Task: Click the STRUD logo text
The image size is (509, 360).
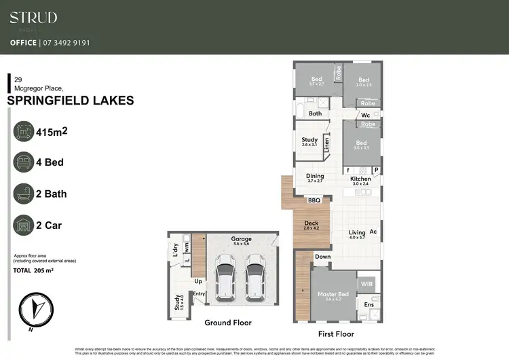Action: [x=33, y=18]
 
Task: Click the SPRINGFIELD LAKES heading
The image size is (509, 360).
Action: [x=70, y=101]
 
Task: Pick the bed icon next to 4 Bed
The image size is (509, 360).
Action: [x=25, y=163]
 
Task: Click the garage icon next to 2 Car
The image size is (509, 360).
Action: [x=25, y=225]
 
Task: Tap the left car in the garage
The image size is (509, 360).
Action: [x=224, y=276]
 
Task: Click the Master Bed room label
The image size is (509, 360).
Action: [x=333, y=294]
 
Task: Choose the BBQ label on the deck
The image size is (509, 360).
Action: [x=314, y=201]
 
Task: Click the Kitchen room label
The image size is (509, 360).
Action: [x=360, y=179]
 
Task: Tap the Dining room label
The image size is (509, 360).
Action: [x=315, y=176]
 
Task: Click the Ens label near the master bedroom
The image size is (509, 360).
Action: [x=369, y=305]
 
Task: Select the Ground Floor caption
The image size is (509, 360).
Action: [x=228, y=323]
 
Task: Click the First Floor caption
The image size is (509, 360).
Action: [x=336, y=334]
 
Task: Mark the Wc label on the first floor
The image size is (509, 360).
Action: [x=365, y=115]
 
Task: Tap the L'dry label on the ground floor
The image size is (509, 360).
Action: [x=175, y=249]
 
